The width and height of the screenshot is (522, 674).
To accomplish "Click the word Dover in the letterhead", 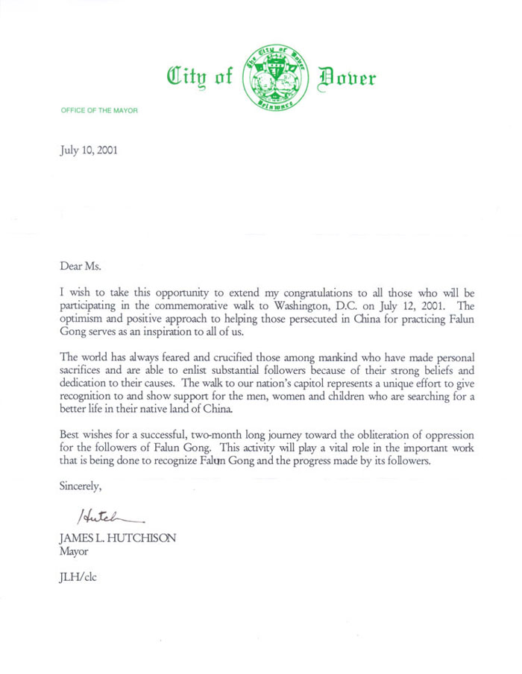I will (x=348, y=77).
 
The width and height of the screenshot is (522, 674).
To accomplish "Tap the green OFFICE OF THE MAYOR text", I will (x=99, y=110).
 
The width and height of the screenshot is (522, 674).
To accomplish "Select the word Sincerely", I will (x=81, y=487).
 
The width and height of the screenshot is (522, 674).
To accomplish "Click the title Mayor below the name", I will (x=72, y=552).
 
